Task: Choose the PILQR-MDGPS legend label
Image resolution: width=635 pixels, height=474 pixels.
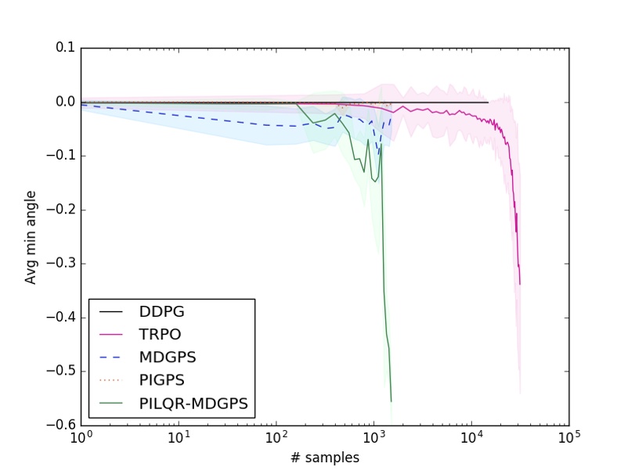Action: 193,403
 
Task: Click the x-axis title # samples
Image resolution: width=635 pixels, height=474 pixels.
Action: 324,458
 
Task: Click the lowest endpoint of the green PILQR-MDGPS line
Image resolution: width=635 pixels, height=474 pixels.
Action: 391,401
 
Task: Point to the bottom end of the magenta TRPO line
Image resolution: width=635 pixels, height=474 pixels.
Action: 520,284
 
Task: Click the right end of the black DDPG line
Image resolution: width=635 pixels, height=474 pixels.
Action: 488,102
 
